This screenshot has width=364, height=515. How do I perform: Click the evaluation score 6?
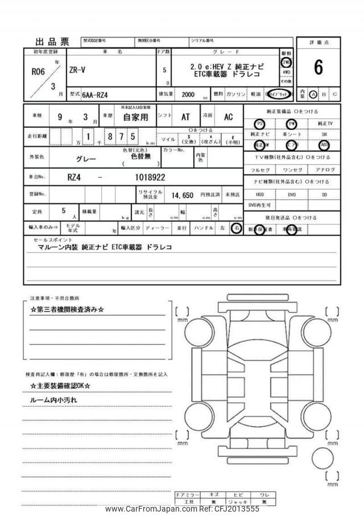click(x=318, y=67)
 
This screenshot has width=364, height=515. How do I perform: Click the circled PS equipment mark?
click(x=259, y=124)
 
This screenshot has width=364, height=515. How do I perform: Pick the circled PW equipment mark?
click(x=292, y=124)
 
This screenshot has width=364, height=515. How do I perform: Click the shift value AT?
click(x=185, y=117)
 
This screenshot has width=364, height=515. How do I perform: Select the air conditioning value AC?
click(x=228, y=117)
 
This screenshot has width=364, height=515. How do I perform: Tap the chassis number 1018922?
click(x=150, y=177)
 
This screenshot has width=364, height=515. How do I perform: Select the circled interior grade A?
click(x=313, y=94)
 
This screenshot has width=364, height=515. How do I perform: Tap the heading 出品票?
click(x=52, y=42)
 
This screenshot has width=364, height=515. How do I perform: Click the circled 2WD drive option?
click(x=286, y=63)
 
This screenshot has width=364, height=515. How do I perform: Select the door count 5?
click(x=164, y=71)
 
